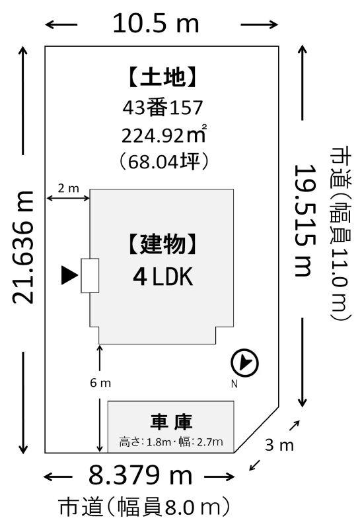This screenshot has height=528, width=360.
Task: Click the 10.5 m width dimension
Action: (156, 24)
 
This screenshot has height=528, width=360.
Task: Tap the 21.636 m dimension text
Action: (23, 247)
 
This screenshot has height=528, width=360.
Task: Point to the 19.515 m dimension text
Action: (305, 220)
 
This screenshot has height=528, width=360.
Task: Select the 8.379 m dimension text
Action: (140, 475)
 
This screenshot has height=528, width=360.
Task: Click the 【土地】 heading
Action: (162, 77)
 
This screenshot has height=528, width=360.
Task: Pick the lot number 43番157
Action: (162, 108)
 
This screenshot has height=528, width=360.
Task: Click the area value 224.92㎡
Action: (164, 135)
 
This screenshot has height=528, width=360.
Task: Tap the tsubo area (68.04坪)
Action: (164, 161)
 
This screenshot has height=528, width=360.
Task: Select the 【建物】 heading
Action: (162, 244)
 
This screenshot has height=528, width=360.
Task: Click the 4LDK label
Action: (163, 277)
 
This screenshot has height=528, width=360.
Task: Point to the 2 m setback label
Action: (69, 188)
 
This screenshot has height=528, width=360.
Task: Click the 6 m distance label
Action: (100, 383)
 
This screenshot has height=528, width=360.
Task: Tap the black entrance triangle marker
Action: (70, 275)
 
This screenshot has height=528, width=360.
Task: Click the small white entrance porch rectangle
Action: (90, 275)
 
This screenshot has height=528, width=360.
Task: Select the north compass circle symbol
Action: (244, 363)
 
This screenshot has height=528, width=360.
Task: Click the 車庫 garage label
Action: (171, 422)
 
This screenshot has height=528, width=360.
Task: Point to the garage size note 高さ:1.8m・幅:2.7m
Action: (171, 442)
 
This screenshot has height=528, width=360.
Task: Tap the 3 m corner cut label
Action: (279, 445)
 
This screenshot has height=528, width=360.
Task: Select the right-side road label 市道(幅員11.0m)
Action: (340, 232)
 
